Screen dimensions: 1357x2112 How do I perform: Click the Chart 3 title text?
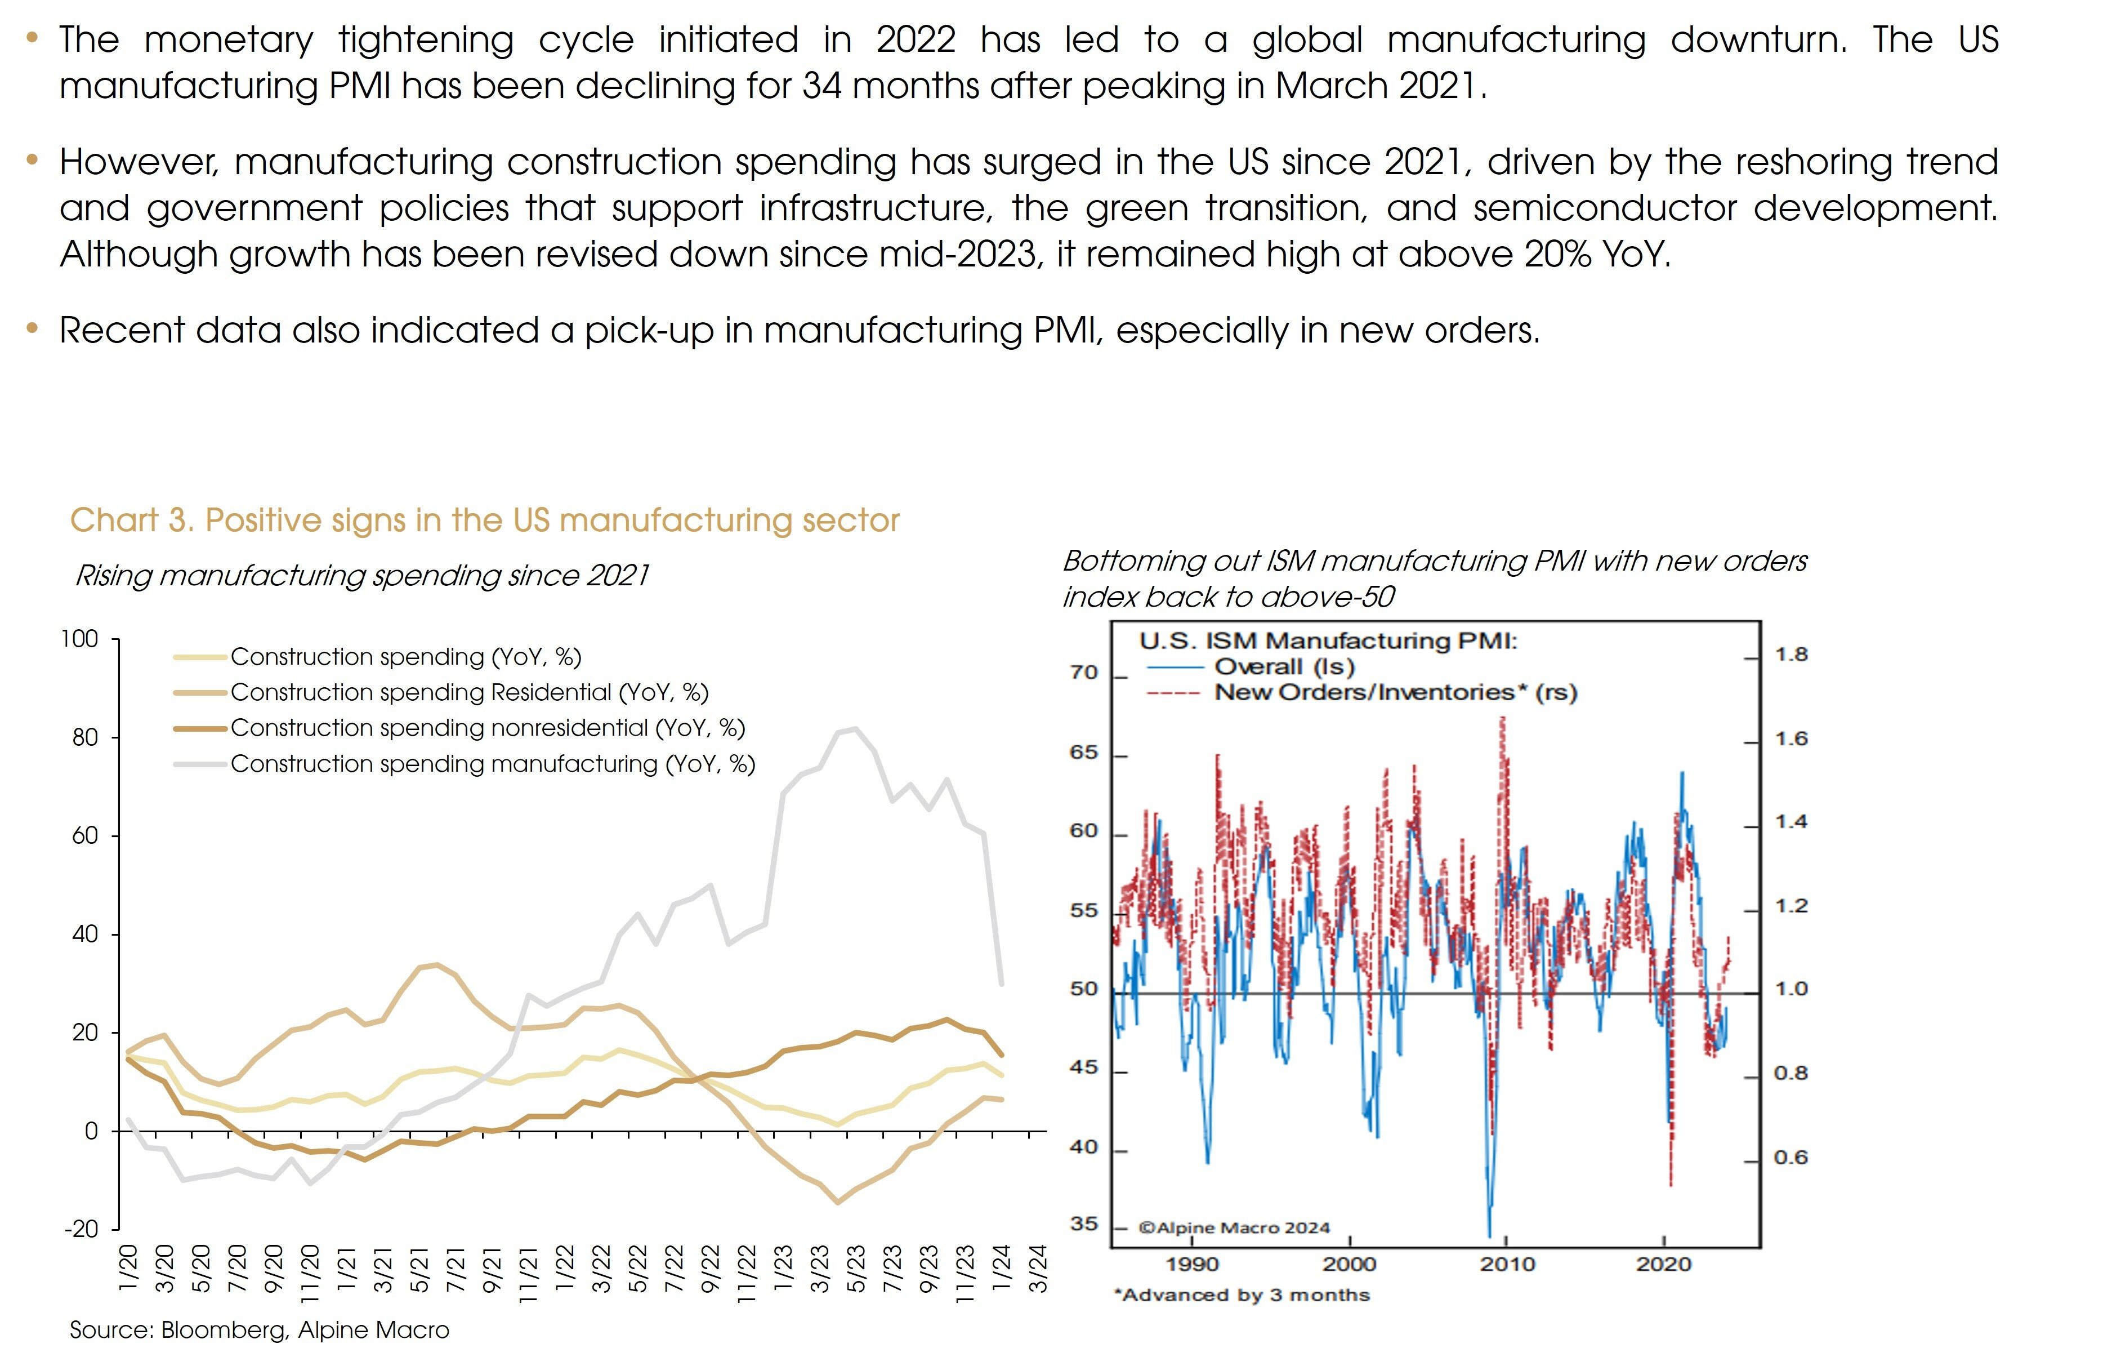tap(484, 520)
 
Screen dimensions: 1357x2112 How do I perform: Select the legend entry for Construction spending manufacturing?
tap(492, 764)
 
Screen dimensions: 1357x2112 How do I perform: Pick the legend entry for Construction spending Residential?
tap(468, 693)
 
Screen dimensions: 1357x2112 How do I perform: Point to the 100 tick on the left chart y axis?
tap(79, 639)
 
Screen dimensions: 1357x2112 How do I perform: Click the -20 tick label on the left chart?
tap(81, 1229)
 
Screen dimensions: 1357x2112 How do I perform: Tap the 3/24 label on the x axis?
tap(1039, 1269)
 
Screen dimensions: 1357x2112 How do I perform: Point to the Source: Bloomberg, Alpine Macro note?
tap(259, 1330)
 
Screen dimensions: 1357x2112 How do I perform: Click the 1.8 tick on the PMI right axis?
tap(1790, 655)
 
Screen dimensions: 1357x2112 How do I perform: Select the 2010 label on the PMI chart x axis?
tap(1507, 1265)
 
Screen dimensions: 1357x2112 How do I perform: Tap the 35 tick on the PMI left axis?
tap(1084, 1224)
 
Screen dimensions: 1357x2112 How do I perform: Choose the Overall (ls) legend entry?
tap(1284, 667)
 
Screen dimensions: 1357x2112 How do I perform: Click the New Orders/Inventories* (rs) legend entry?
tap(1395, 693)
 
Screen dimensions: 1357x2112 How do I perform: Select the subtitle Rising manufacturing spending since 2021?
tap(362, 575)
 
